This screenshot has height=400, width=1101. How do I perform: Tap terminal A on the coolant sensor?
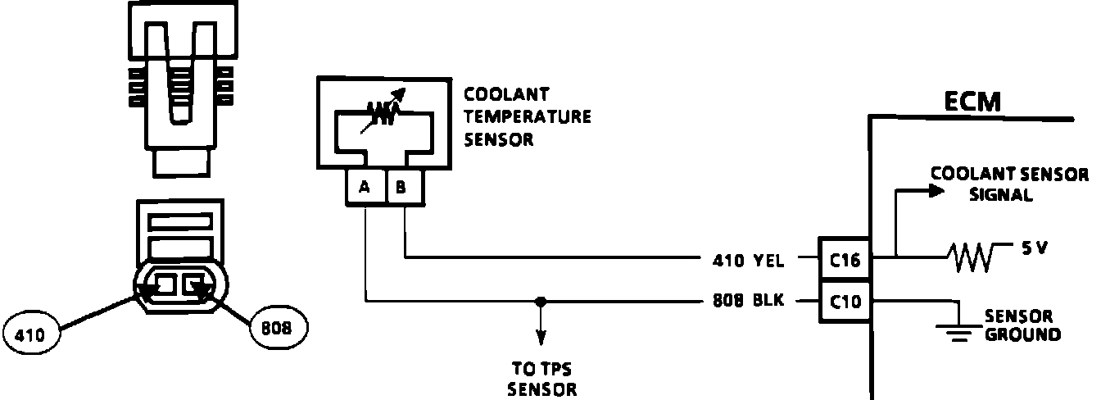(365, 188)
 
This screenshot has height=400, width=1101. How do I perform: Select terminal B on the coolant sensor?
(402, 188)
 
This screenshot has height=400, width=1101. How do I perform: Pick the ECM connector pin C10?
(845, 301)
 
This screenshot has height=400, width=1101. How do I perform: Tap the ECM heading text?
(972, 102)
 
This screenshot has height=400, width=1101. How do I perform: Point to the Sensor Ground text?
(1022, 325)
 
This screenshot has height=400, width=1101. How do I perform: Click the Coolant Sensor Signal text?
(1009, 184)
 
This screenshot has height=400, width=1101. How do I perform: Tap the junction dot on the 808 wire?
(539, 301)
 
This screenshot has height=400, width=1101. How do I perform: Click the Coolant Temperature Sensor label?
(527, 116)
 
